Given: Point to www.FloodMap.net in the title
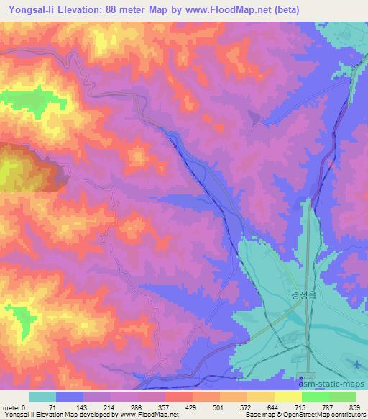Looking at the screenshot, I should coord(224,9).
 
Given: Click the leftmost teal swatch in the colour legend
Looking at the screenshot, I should coord(42,397).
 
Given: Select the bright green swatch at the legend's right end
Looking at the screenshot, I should coord(342,397).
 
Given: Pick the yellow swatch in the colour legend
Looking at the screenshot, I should coord(287,397).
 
